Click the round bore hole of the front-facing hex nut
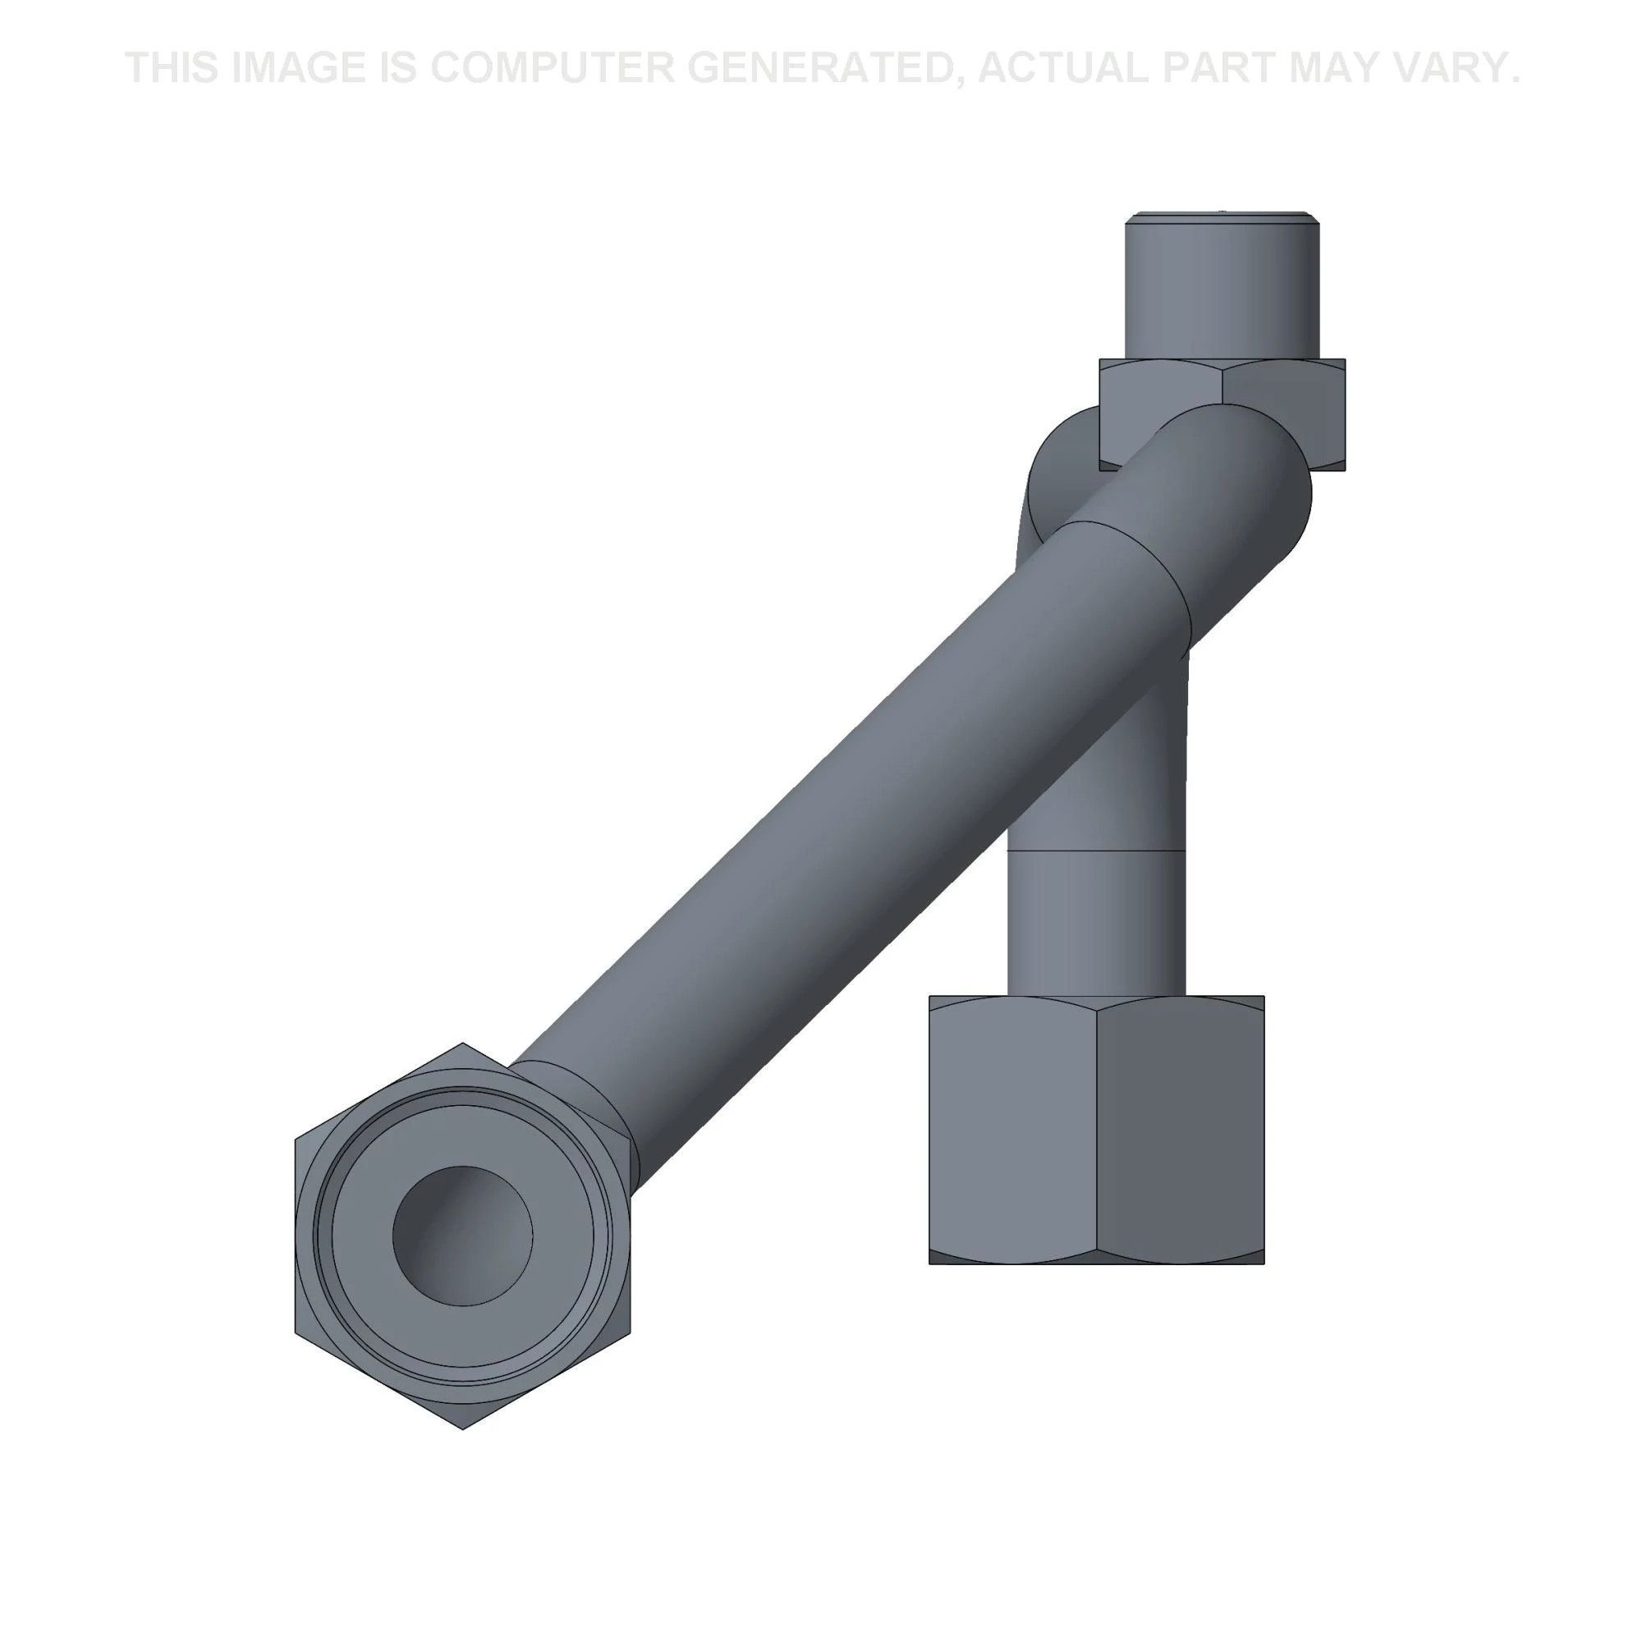click(462, 1235)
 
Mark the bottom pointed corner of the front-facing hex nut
click(462, 1429)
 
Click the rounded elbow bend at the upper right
click(1250, 476)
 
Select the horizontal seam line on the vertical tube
click(1096, 850)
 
